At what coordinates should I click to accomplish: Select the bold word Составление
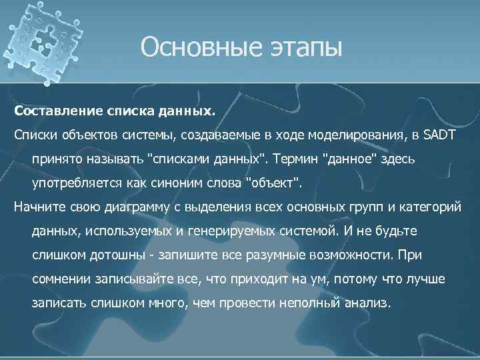coord(57,108)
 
